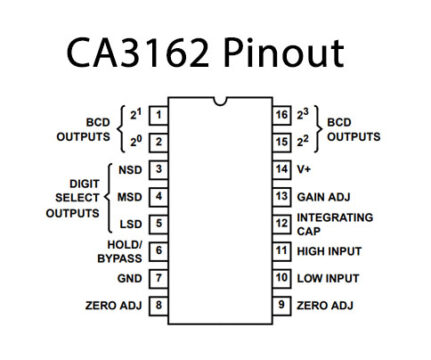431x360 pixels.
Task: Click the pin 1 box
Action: (x=158, y=116)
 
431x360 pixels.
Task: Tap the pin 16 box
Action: (x=281, y=116)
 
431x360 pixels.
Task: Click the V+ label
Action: (x=306, y=170)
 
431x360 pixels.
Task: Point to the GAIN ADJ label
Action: (x=322, y=197)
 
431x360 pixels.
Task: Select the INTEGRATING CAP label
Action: (x=334, y=223)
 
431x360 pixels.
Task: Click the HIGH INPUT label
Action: (x=329, y=251)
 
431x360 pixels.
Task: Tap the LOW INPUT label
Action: (x=327, y=278)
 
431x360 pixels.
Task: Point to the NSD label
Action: (x=130, y=170)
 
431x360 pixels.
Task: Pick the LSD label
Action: (x=130, y=224)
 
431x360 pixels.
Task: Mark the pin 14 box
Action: (x=281, y=170)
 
